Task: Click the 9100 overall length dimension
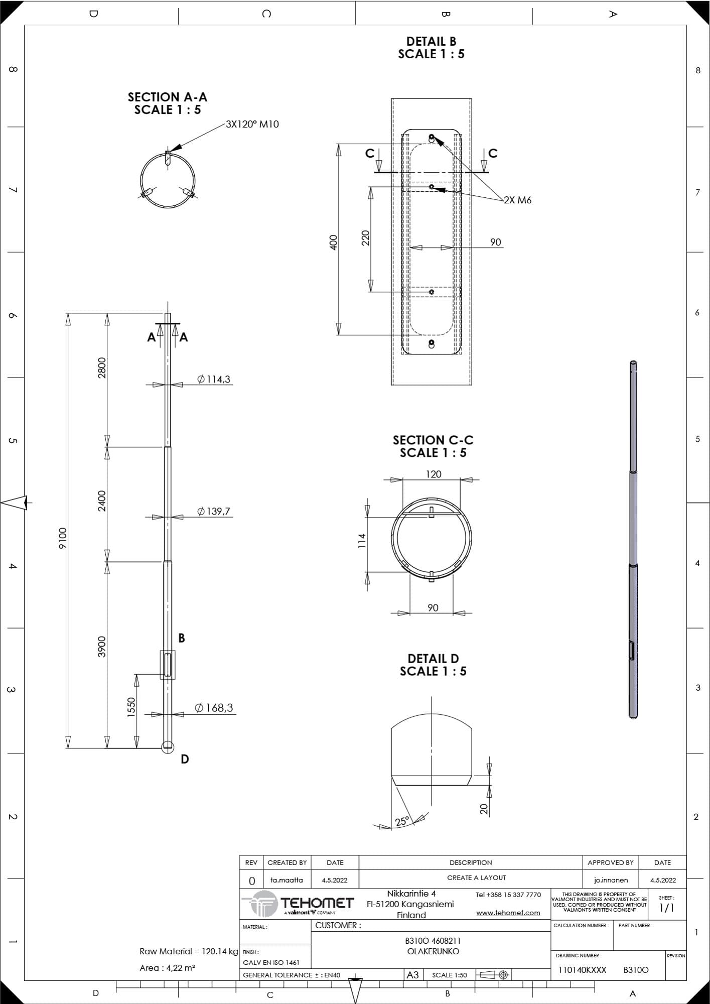[62, 538]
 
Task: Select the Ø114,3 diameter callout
[214, 379]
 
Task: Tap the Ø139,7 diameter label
[214, 511]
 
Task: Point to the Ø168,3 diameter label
[214, 707]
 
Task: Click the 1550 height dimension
[131, 707]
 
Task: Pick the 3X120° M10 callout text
[252, 124]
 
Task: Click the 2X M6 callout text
[517, 200]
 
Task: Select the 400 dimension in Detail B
[334, 242]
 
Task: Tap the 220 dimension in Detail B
[365, 237]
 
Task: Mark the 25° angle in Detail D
[402, 821]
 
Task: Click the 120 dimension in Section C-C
[434, 474]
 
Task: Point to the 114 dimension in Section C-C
[362, 541]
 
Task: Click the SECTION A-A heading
[168, 97]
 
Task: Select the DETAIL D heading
[433, 658]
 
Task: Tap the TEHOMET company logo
[298, 904]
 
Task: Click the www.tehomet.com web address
[508, 913]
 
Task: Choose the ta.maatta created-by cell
[287, 880]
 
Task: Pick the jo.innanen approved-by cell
[611, 880]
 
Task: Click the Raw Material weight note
[189, 951]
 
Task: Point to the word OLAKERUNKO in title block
[433, 951]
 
